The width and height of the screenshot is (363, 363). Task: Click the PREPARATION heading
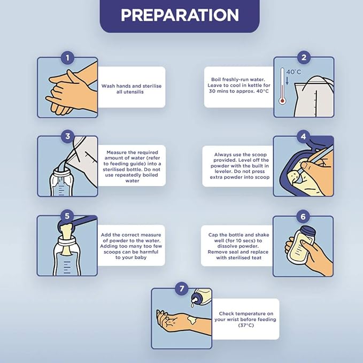tap(180, 15)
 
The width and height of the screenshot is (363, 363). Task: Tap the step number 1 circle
tap(67, 58)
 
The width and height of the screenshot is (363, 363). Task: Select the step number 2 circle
tap(304, 57)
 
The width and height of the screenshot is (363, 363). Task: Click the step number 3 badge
tap(67, 136)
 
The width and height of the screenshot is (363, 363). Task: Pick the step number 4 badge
tap(304, 136)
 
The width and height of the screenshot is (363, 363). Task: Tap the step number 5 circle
tap(67, 216)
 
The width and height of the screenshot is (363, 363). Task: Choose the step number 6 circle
tap(303, 217)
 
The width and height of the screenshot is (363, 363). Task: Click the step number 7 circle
tap(182, 289)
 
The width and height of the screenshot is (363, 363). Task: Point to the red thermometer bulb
tap(282, 101)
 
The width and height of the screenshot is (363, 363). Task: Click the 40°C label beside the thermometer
tap(294, 72)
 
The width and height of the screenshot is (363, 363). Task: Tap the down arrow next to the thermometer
tap(287, 81)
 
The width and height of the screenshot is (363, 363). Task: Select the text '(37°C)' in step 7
tap(246, 325)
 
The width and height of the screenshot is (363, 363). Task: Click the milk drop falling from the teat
tap(192, 306)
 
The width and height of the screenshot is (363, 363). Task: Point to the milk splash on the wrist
tap(192, 320)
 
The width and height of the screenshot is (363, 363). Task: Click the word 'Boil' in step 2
tap(216, 80)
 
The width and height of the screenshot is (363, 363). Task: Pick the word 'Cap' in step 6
tap(213, 235)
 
